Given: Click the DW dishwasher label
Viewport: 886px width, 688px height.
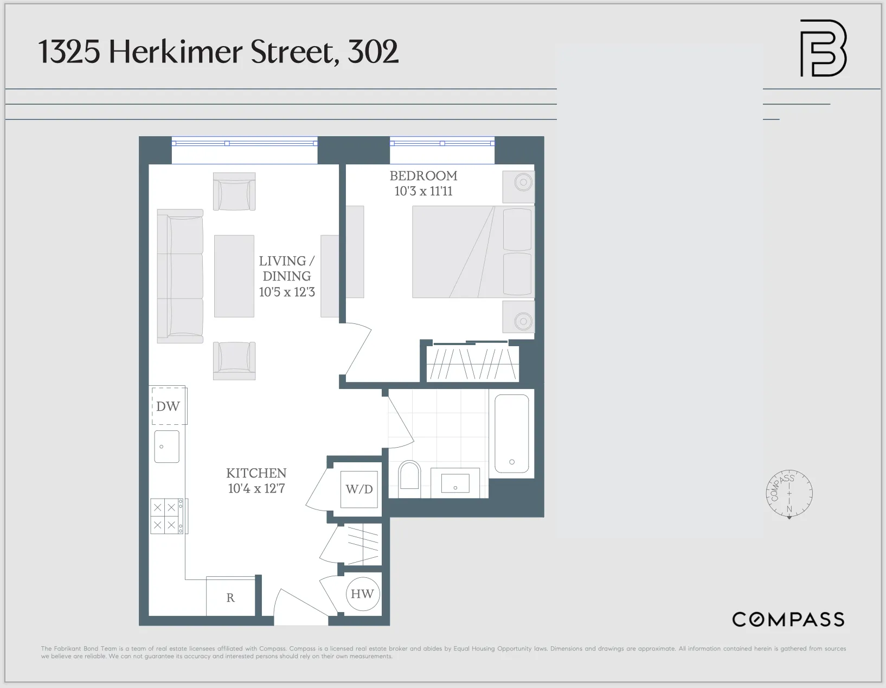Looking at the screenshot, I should tap(168, 406).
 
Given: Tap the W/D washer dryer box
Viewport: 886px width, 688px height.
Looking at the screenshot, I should tap(359, 489).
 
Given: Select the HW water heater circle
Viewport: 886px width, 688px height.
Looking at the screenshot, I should tap(362, 594).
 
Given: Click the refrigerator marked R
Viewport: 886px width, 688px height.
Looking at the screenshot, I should tap(230, 597).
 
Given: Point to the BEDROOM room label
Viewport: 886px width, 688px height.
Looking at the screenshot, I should tap(423, 176).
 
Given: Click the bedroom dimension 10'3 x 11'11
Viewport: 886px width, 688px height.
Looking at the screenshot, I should tap(423, 191).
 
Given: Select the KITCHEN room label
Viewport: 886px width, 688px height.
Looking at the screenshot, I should tap(256, 473).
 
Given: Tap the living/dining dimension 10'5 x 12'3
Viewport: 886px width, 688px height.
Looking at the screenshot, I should tap(287, 292).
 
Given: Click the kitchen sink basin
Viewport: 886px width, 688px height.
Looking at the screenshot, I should tap(167, 447).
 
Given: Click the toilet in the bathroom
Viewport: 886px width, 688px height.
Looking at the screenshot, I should tap(409, 479).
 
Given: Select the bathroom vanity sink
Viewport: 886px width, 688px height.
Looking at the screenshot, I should tap(455, 483).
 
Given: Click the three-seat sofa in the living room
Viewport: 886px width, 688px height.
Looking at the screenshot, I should tap(180, 276).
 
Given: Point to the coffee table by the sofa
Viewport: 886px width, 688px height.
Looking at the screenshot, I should tap(234, 276).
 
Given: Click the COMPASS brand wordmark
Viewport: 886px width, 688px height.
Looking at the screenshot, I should tap(788, 620).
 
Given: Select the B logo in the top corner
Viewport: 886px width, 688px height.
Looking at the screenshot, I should tap(823, 48).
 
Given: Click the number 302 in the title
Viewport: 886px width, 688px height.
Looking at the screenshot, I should tap(373, 52).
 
